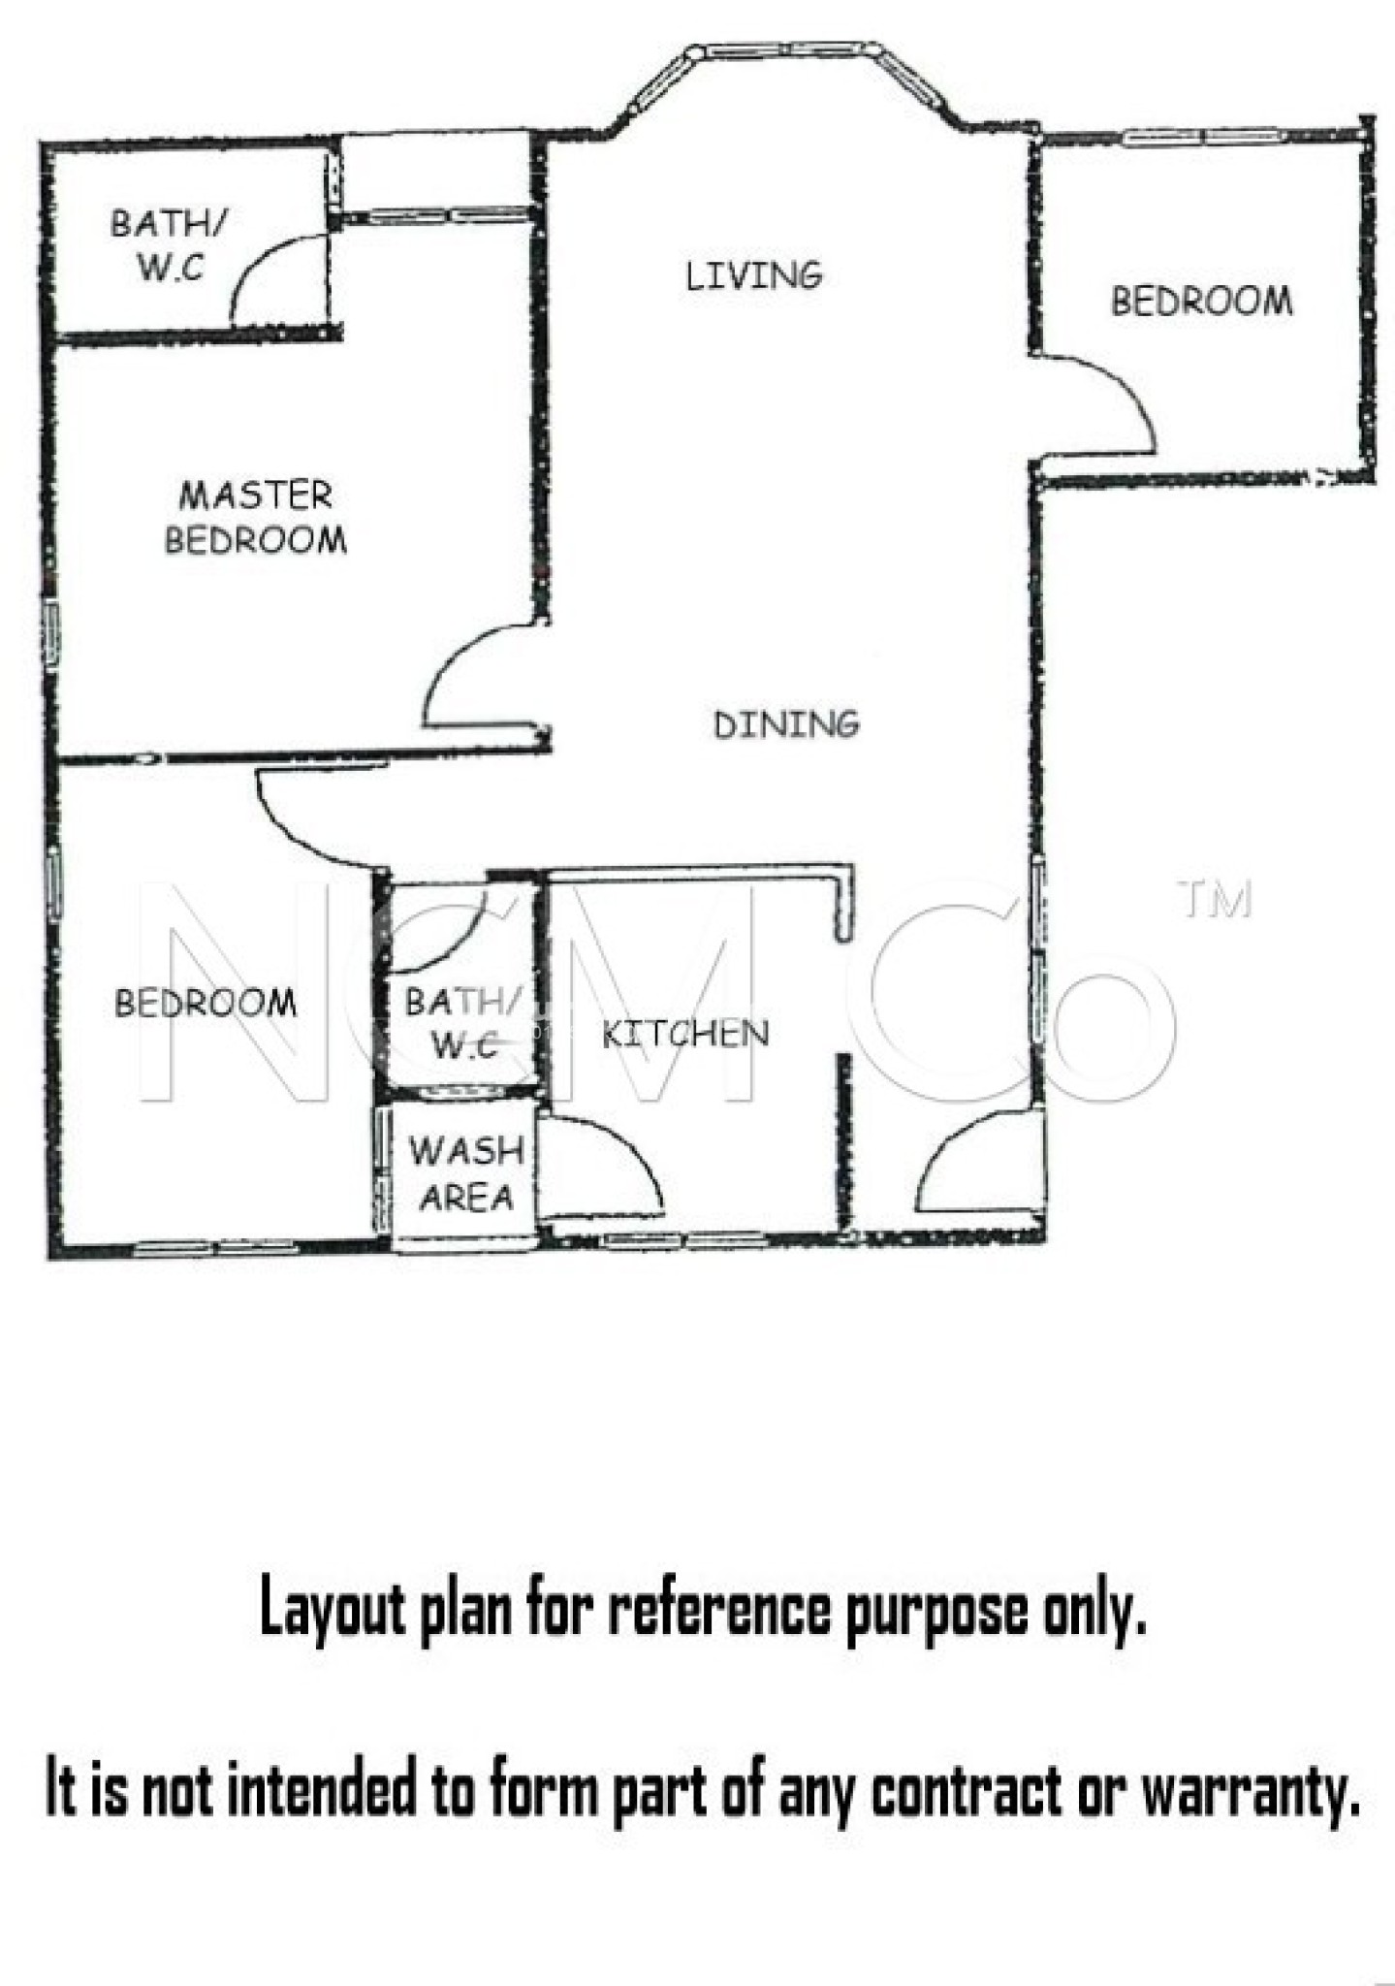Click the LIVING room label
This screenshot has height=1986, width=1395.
754,276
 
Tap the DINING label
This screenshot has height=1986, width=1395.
786,724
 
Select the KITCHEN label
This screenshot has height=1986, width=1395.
685,1034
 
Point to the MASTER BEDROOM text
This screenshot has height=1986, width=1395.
256,518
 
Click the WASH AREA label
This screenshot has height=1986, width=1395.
466,1174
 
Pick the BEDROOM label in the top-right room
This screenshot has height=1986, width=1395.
1201,301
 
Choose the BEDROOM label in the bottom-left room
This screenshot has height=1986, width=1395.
206,1003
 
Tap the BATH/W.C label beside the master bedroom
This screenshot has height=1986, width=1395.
169,244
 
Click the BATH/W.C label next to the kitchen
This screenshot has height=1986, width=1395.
462,1022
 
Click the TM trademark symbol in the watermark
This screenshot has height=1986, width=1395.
1216,899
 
